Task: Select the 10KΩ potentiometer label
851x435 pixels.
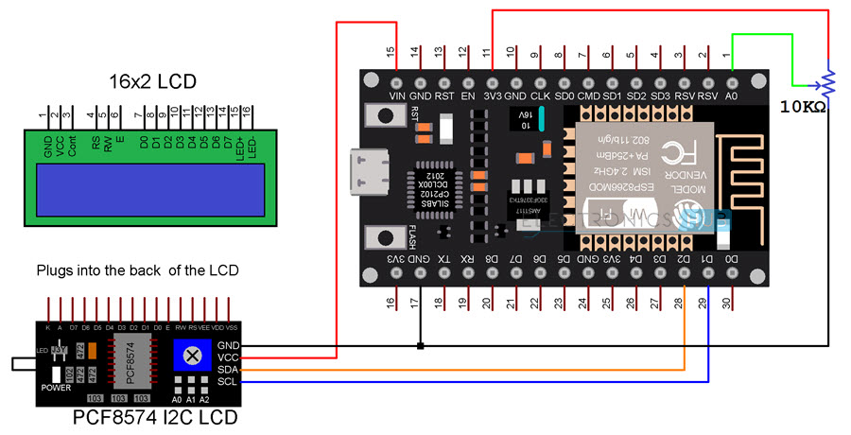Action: [804, 107]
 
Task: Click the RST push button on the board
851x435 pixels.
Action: [386, 116]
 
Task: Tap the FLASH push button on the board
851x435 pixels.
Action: [386, 238]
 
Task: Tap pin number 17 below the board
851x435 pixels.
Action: [416, 304]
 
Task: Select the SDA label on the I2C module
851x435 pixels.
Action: [228, 370]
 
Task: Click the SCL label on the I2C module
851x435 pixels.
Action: [228, 382]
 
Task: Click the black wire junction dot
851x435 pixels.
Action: [420, 346]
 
